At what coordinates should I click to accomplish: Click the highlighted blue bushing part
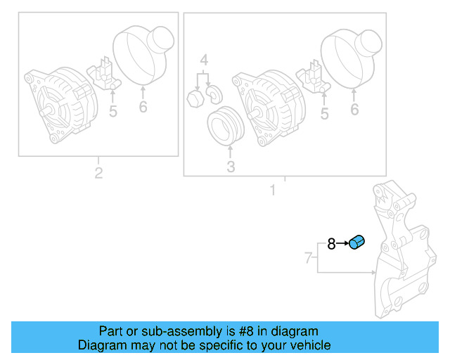[x=357, y=243]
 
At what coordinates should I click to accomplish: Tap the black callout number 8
[x=331, y=245]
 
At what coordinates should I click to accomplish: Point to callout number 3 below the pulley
[x=231, y=167]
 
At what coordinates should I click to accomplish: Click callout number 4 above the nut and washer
[x=203, y=60]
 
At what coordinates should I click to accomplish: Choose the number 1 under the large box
[x=273, y=191]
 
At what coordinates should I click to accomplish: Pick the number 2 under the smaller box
[x=98, y=173]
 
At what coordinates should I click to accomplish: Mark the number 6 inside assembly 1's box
[x=354, y=110]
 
